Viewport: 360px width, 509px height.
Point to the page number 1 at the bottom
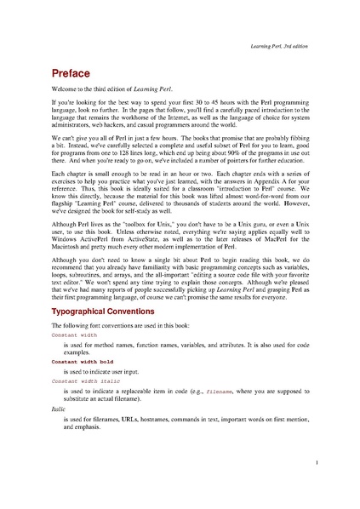[x=316, y=463]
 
